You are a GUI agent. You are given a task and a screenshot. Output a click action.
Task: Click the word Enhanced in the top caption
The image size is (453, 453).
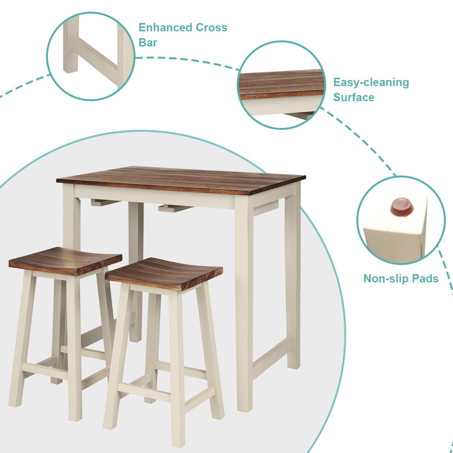coord(165,28)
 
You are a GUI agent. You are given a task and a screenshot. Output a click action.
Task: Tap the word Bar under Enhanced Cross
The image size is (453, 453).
coord(148,42)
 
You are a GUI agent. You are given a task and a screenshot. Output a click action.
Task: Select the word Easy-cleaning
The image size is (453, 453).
coord(371,82)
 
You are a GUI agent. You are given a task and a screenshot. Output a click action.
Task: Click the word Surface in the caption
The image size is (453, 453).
coord(354,97)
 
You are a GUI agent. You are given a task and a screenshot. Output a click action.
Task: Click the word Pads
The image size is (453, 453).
coord(425,279)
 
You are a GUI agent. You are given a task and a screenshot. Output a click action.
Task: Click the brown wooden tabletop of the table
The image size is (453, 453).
coord(181,179)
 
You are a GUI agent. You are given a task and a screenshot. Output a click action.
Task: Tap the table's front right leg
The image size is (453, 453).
coord(243,302)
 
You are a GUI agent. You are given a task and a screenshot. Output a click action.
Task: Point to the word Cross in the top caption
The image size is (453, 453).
coord(211,28)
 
